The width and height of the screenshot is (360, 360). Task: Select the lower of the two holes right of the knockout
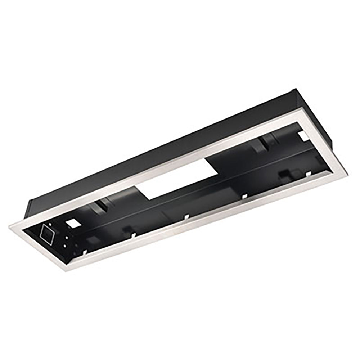pyautogui.click(x=64, y=246)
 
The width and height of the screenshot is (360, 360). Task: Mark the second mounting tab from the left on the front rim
pyautogui.click(x=132, y=236)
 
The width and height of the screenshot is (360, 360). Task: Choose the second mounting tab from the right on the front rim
pyautogui.click(x=244, y=196)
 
